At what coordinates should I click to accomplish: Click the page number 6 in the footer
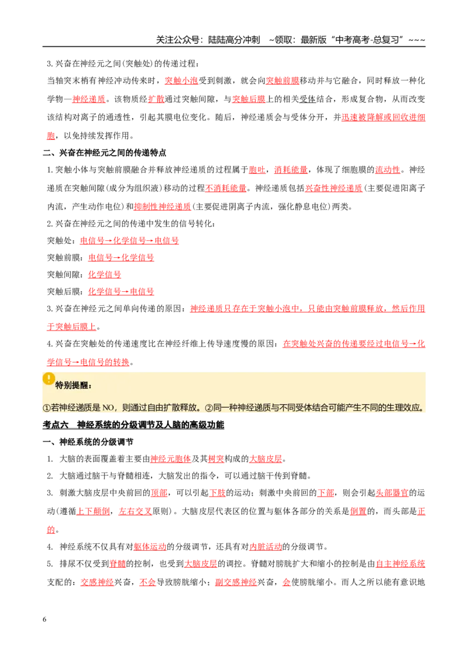pos(44,619)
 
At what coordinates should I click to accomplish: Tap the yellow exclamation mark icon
pos(49,378)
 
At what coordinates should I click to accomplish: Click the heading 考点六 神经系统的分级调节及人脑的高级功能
pos(133,425)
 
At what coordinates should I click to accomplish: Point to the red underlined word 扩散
pos(156,99)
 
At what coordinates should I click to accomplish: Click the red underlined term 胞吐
pos(257,170)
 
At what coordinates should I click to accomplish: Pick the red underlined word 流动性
pos(387,170)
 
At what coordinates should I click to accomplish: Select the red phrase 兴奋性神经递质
pos(333,188)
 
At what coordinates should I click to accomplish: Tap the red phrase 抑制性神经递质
pos(162,207)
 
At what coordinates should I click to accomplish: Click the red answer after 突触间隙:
pos(104,274)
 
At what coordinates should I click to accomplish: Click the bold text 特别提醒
pos(73,385)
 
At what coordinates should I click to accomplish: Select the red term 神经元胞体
pos(171,459)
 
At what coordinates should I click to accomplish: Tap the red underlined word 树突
pos(216,459)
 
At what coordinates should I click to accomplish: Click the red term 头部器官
pos(392,493)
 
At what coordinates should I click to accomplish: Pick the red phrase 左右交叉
pos(135,511)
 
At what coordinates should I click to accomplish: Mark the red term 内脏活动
pos(265,547)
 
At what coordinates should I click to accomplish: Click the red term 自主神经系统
pos(400,564)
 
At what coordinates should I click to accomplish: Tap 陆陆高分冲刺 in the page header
pos(234,40)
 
